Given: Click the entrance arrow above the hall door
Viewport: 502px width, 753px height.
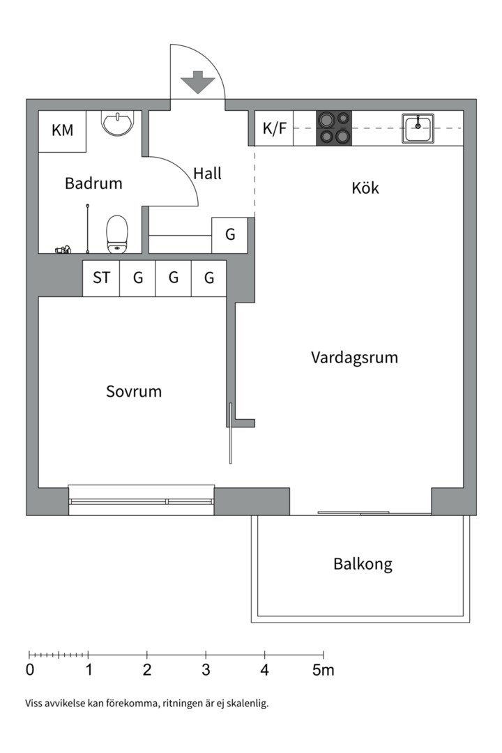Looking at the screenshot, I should pos(198,82).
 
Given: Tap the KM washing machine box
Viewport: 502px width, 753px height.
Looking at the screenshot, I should pos(62,130).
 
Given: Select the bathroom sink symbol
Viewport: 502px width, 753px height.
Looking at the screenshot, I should pos(116,124).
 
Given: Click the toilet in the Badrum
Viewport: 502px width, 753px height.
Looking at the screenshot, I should pos(117,234).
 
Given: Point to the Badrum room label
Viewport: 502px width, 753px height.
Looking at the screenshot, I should pos(93,184).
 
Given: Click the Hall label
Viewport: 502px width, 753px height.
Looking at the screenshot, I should pos(207,174).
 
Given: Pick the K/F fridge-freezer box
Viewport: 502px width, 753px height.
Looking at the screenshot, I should pos(274,129).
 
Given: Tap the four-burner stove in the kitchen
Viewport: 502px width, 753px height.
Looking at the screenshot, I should pos(334,128).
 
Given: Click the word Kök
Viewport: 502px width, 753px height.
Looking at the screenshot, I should pos(365,188).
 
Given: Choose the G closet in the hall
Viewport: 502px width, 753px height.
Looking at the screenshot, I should pos(229,235).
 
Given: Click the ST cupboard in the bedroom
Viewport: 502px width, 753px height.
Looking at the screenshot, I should pos(101,278).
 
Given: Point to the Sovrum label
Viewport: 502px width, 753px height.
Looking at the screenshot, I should pos(134,392).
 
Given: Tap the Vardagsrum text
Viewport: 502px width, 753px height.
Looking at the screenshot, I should pos(354,358).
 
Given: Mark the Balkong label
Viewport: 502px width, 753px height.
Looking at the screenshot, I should pos(363,564).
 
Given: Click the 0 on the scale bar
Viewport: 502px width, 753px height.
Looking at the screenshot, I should pos(29,671).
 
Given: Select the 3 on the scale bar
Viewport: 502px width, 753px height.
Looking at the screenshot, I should pos(206,671).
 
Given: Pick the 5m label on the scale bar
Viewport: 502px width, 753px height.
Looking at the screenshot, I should pos(323,671).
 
